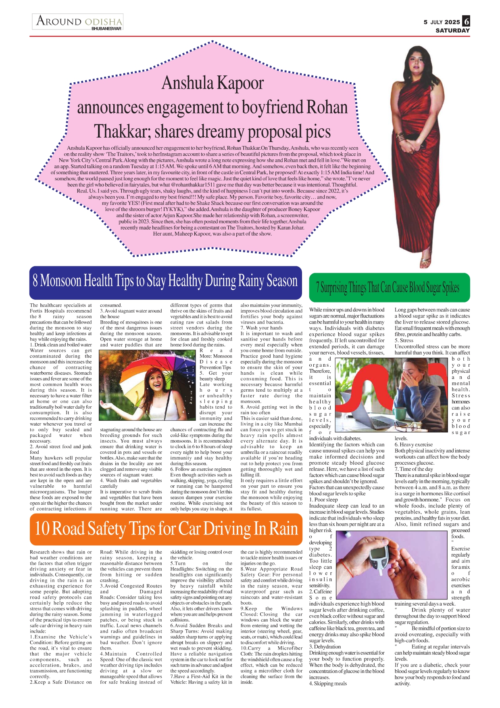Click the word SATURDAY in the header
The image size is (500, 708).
(452, 30)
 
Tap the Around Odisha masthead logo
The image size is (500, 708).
(79, 21)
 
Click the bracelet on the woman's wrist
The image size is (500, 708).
(401, 137)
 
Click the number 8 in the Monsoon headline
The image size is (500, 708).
(35, 281)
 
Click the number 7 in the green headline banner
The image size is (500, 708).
(318, 288)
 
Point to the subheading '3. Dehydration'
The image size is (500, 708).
(325, 647)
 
